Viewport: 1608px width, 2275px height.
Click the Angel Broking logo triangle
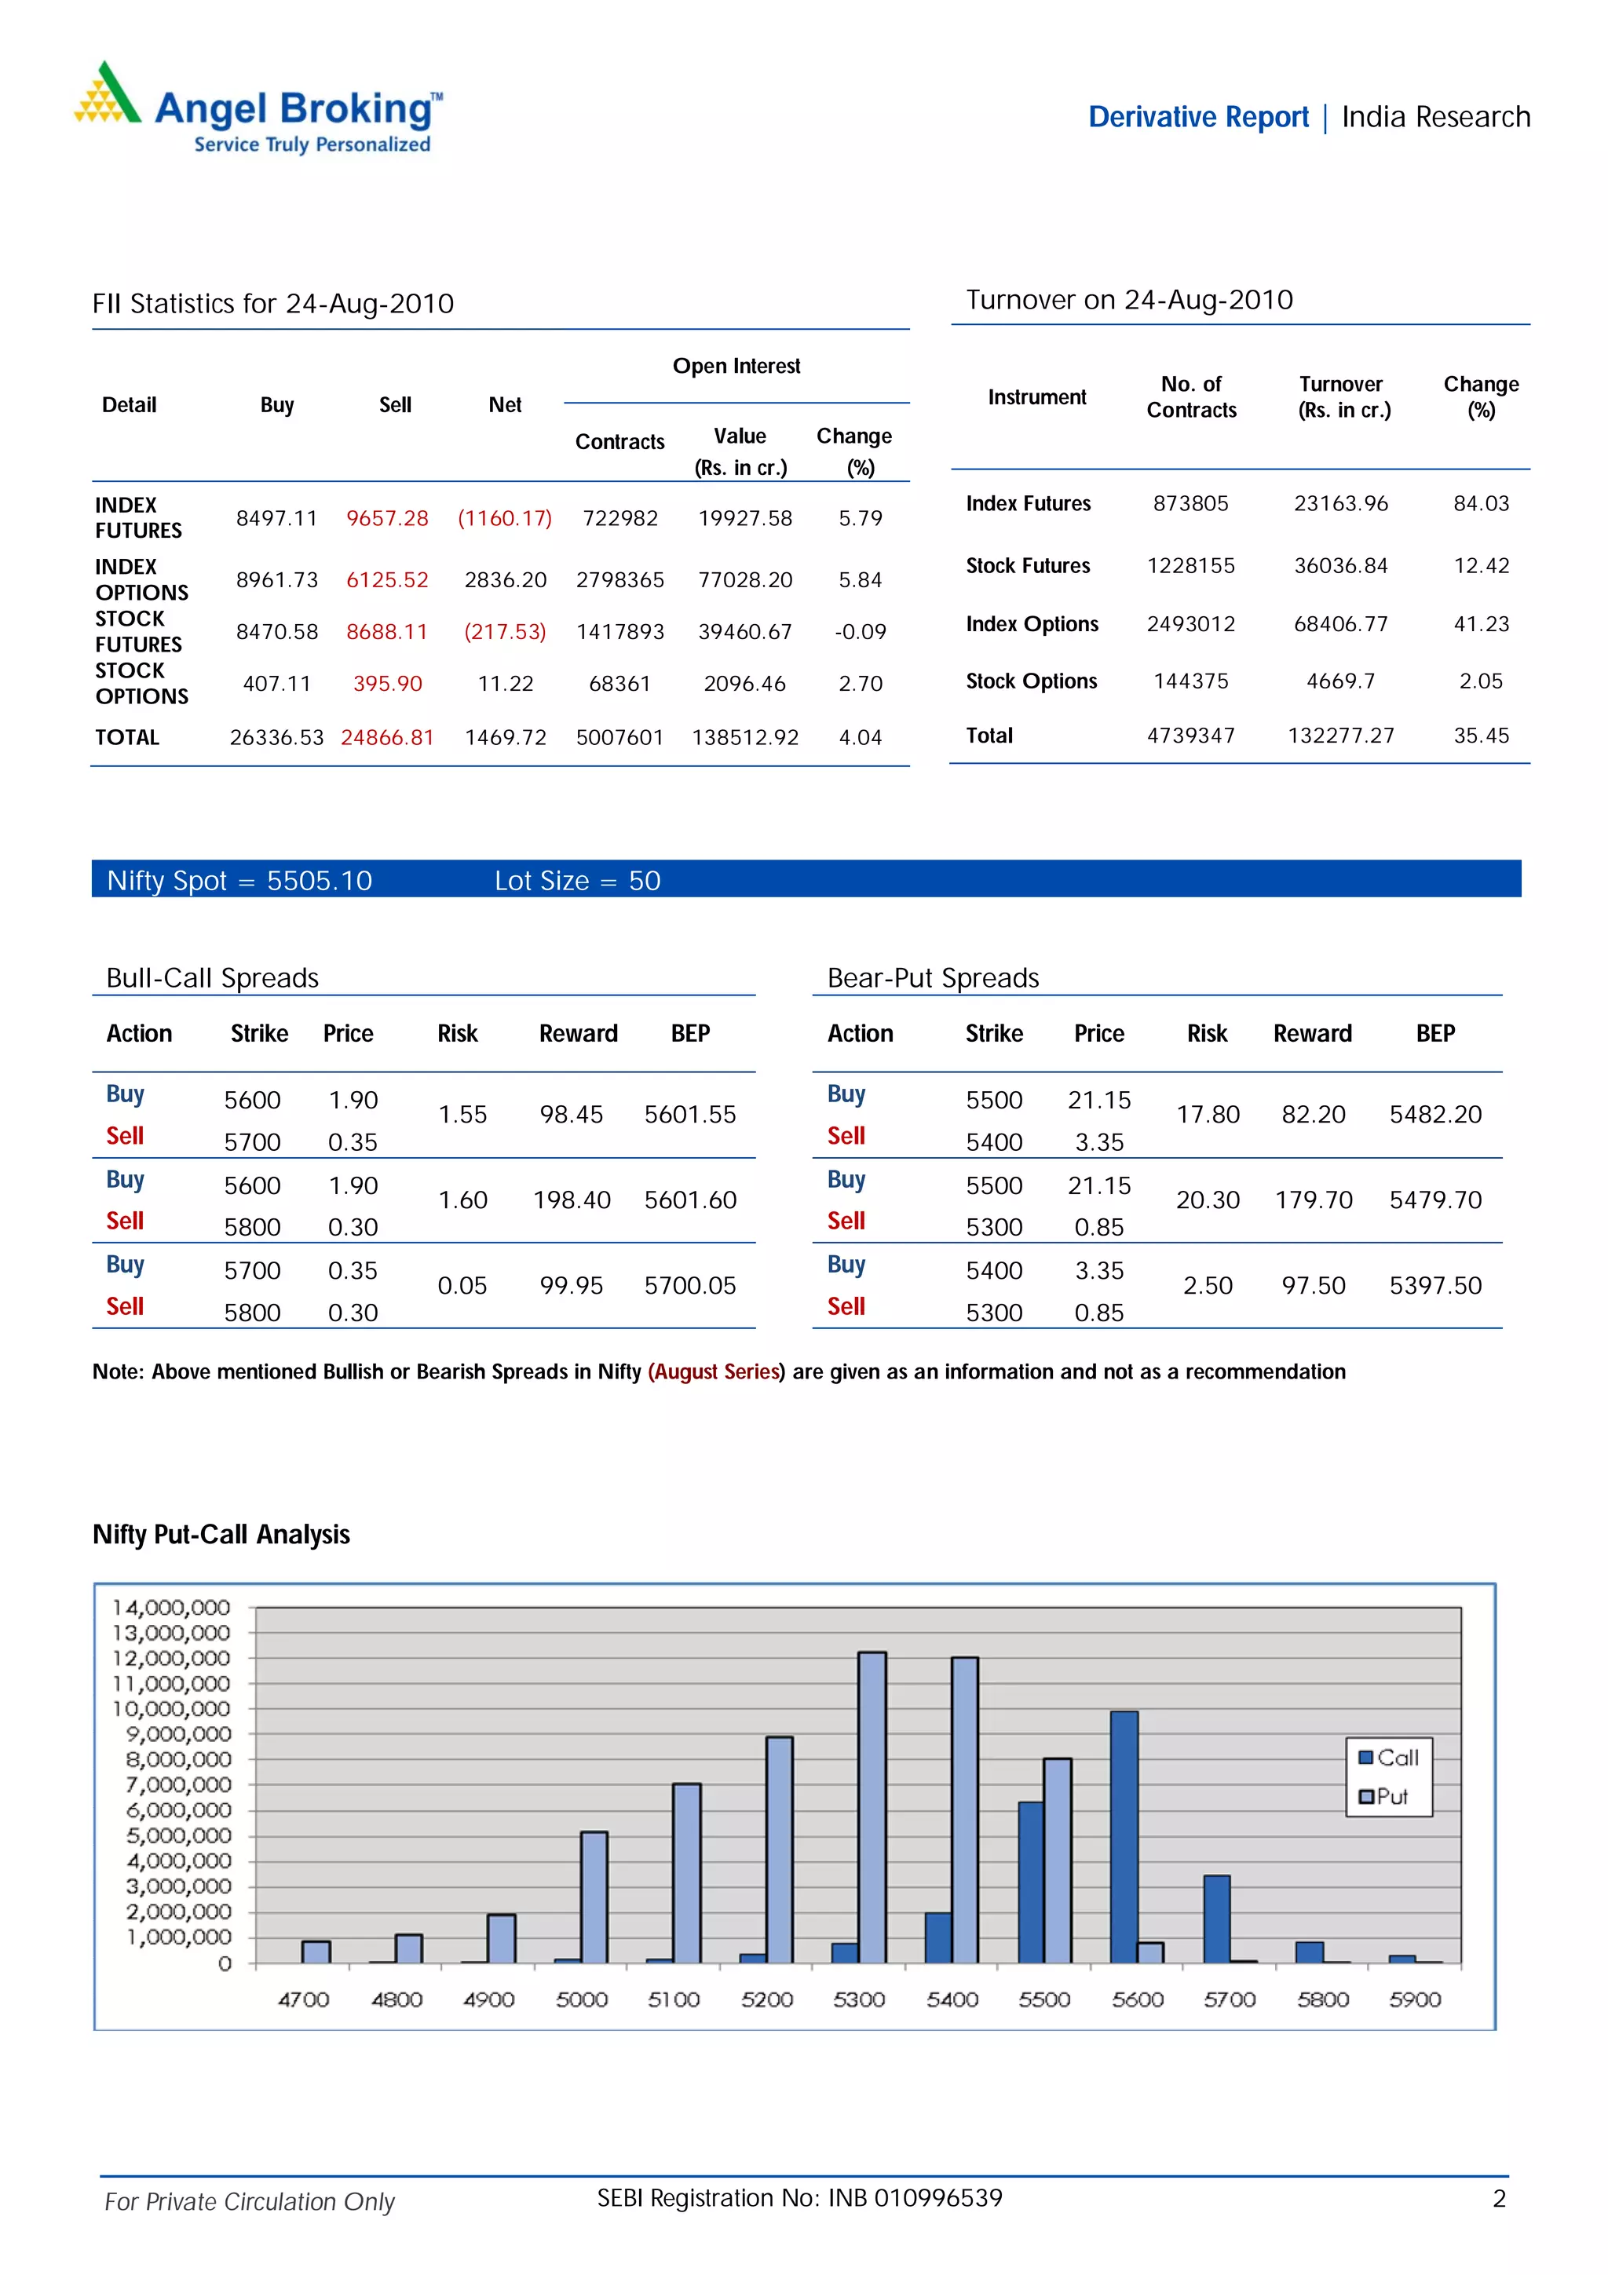107,95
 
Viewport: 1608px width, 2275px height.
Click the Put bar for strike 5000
594,1897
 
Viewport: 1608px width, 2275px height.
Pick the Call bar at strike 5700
1217,1919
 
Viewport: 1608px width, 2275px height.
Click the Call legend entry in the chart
1388,1758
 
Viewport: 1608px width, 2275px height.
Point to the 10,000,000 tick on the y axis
170,1708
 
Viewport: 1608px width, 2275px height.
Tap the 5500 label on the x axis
1044,1999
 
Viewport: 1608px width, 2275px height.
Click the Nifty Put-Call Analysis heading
221,1534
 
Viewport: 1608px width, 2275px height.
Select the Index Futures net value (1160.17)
504,518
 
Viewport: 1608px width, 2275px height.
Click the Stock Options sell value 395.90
387,684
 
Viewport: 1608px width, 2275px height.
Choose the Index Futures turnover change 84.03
1480,503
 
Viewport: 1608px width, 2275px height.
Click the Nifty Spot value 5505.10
319,881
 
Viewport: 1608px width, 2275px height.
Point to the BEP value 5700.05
689,1285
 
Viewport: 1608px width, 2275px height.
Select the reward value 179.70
1313,1200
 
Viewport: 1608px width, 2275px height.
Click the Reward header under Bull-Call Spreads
578,1033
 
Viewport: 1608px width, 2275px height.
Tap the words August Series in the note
716,1371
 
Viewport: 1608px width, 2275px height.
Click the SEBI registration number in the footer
799,2198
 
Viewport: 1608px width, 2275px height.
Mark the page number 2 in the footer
1499,2199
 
